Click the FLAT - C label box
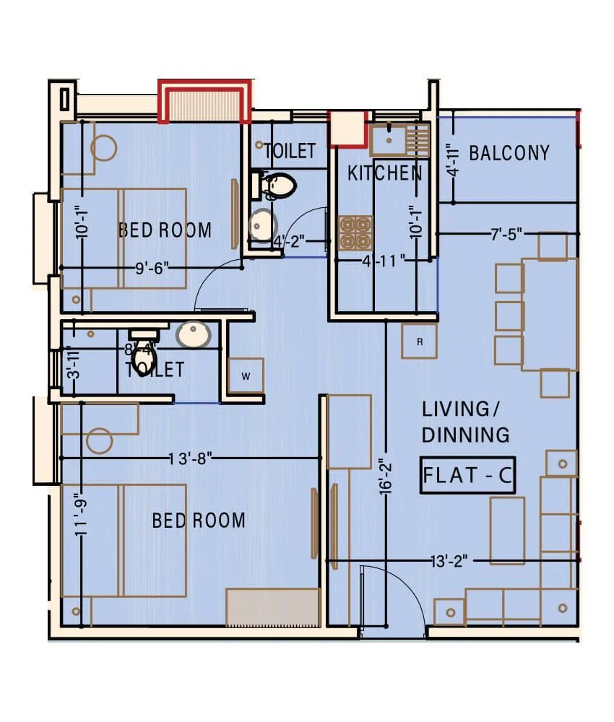pyautogui.click(x=467, y=476)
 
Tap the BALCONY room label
pyautogui.click(x=509, y=153)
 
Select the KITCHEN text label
pyautogui.click(x=384, y=173)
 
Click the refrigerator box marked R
pyautogui.click(x=420, y=342)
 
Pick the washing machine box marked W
pyautogui.click(x=246, y=375)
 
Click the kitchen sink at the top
pyautogui.click(x=391, y=139)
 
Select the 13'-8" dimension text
pyautogui.click(x=190, y=458)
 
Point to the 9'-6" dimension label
pyautogui.click(x=152, y=268)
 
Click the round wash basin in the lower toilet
pyautogui.click(x=194, y=334)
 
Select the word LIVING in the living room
pyautogui.click(x=455, y=409)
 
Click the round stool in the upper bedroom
pyautogui.click(x=103, y=148)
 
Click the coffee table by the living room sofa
pyautogui.click(x=507, y=530)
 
